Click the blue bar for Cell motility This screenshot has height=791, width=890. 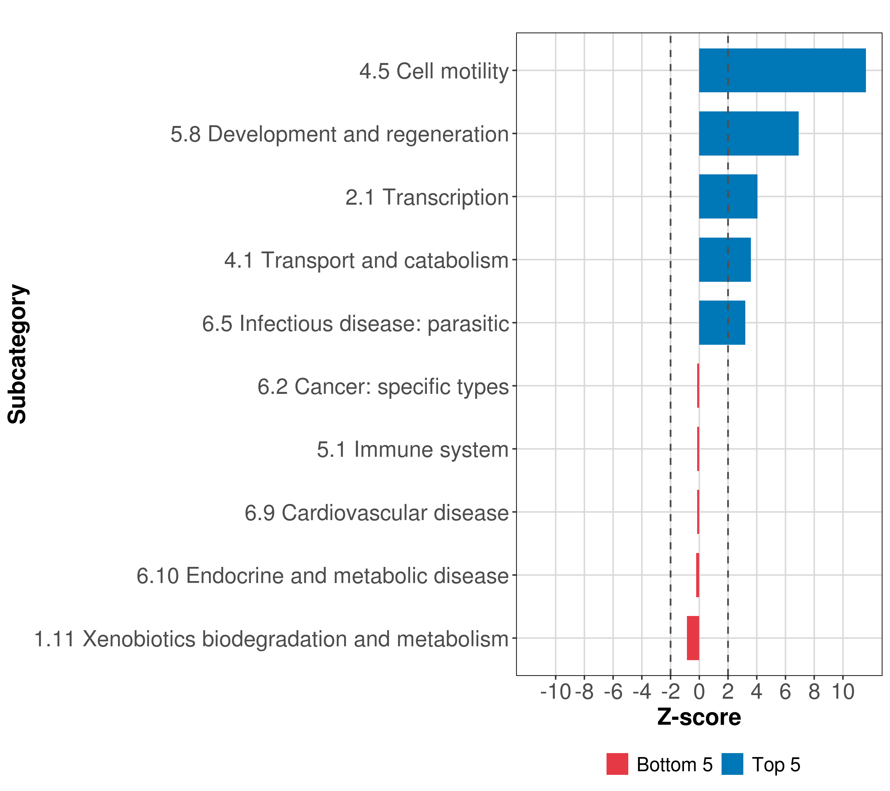782,71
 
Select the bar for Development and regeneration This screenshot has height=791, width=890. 749,134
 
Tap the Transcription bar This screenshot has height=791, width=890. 728,197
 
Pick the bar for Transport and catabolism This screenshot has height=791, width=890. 725,260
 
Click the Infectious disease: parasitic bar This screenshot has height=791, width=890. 722,323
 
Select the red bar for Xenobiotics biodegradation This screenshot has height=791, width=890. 693,638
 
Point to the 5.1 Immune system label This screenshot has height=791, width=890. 412,450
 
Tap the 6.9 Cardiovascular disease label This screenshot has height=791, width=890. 376,513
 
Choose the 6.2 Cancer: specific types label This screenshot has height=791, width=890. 383,387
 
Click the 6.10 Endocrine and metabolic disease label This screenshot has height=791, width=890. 322,576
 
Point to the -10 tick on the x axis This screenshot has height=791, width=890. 555,692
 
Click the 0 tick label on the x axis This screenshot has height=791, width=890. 699,692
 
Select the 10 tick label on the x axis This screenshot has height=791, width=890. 843,692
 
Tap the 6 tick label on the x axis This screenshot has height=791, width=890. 785,692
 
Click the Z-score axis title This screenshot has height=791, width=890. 699,717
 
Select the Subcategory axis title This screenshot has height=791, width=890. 17,354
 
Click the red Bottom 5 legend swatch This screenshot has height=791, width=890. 617,764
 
